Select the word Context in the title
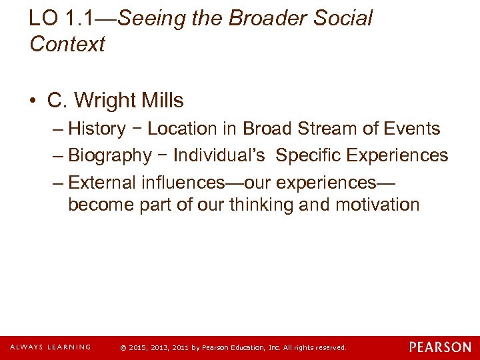pyautogui.click(x=67, y=45)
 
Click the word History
pyautogui.click(x=97, y=129)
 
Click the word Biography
pyautogui.click(x=110, y=155)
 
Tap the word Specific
pyautogui.click(x=307, y=155)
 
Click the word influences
pyautogui.click(x=182, y=182)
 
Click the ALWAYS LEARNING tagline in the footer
pyautogui.click(x=50, y=347)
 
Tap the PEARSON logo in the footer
pyautogui.click(x=440, y=347)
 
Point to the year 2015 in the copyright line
pyautogui.click(x=137, y=348)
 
